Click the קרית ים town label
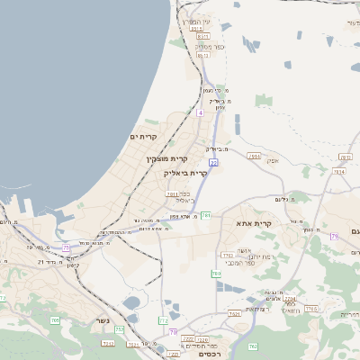click(144, 136)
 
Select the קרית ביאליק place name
click(185, 172)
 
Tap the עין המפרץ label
click(197, 22)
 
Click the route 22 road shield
click(212, 162)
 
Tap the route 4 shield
click(200, 113)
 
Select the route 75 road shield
click(66, 246)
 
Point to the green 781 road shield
click(206, 216)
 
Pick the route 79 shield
click(334, 236)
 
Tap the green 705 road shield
click(55, 319)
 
